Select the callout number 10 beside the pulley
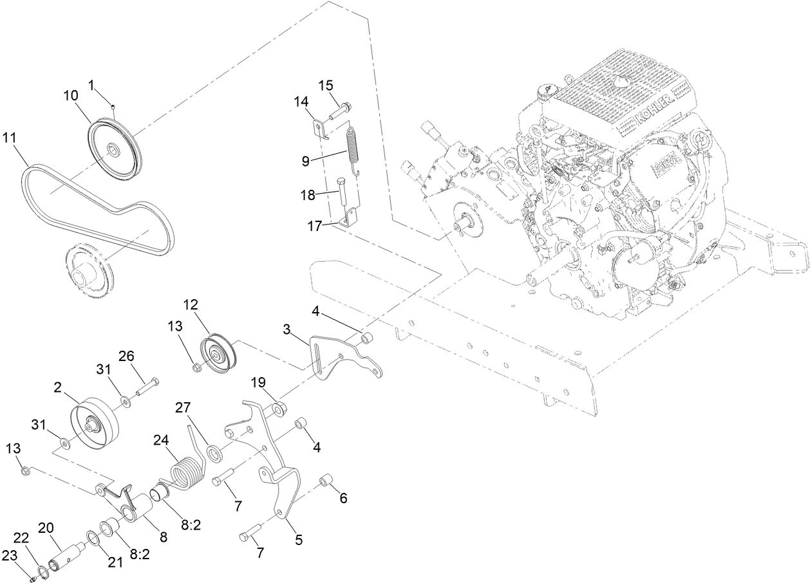click(70, 95)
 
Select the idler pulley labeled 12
click(218, 355)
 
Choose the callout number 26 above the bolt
click(126, 356)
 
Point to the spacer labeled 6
click(326, 481)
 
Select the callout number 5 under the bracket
click(299, 541)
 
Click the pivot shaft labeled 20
click(68, 551)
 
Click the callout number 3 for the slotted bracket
click(287, 330)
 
